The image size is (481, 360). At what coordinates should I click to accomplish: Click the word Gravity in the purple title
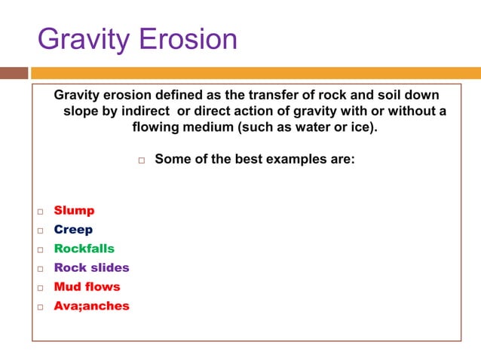(x=81, y=38)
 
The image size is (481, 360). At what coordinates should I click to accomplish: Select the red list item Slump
(x=74, y=211)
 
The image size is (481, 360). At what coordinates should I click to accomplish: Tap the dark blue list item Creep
(x=73, y=230)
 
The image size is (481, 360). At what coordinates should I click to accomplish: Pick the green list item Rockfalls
(x=84, y=249)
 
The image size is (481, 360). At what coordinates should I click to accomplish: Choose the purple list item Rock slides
(x=91, y=267)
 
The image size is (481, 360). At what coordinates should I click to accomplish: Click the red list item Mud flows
(x=87, y=286)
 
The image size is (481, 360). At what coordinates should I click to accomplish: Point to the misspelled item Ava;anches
(x=91, y=306)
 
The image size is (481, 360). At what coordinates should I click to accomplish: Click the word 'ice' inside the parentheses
(x=360, y=127)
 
